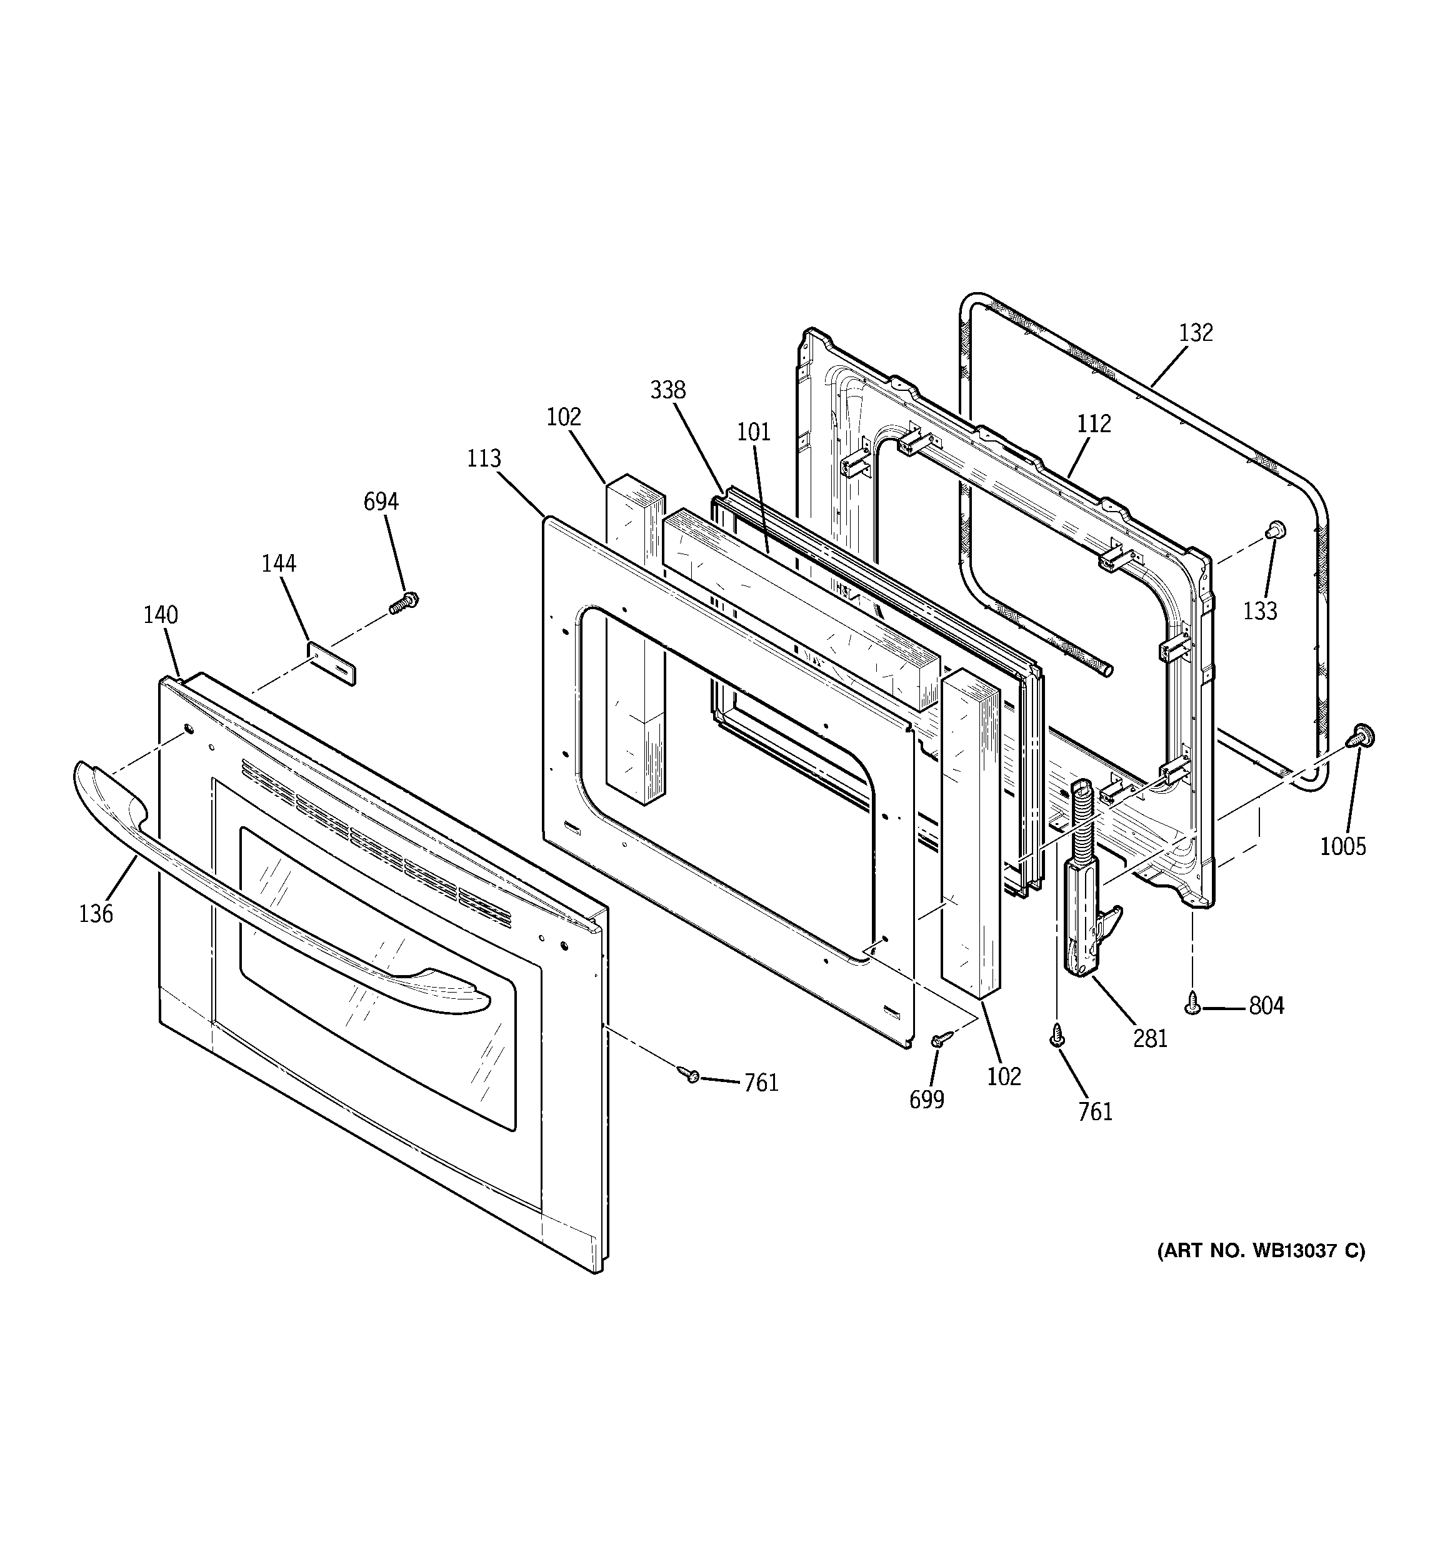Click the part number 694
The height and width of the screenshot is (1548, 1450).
pyautogui.click(x=381, y=502)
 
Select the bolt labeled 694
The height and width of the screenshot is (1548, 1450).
pyautogui.click(x=403, y=603)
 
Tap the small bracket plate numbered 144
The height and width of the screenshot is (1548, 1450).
pyautogui.click(x=331, y=662)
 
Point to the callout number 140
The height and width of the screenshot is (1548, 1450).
pyautogui.click(x=161, y=615)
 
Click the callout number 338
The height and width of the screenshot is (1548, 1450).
pyautogui.click(x=667, y=390)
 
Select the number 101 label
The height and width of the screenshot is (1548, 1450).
pyautogui.click(x=753, y=432)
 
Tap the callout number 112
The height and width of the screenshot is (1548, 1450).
pyautogui.click(x=1094, y=425)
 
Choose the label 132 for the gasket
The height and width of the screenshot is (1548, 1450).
pyautogui.click(x=1196, y=333)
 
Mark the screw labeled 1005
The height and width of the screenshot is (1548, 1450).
pyautogui.click(x=1362, y=734)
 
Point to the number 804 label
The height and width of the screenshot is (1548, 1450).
pyautogui.click(x=1266, y=1007)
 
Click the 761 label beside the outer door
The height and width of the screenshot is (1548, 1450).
pyautogui.click(x=761, y=1084)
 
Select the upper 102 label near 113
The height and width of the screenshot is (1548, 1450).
pyautogui.click(x=564, y=417)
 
